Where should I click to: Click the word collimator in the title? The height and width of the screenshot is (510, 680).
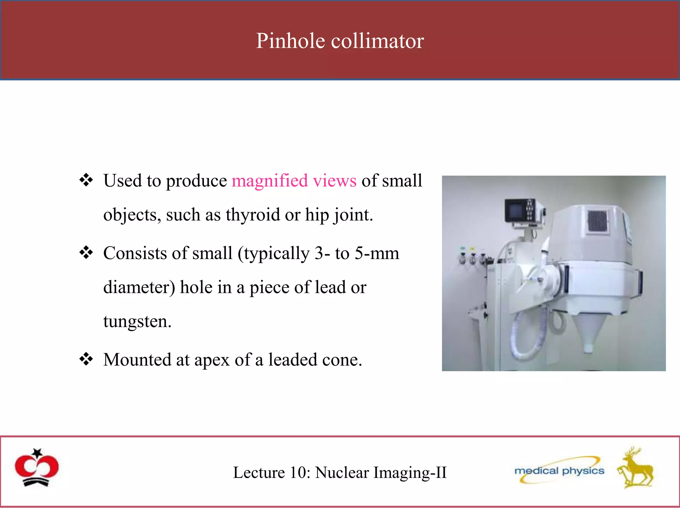[x=378, y=41]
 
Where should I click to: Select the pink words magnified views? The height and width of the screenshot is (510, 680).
[x=294, y=181]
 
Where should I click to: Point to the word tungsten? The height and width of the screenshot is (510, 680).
[x=137, y=321]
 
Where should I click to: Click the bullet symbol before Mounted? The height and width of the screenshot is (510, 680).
[x=86, y=359]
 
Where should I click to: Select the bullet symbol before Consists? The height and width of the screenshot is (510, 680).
[x=86, y=253]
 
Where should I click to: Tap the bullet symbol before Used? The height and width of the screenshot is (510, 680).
[x=86, y=180]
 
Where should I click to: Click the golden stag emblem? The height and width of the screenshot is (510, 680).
[x=635, y=468]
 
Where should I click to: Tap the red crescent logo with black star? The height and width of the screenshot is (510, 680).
[x=37, y=467]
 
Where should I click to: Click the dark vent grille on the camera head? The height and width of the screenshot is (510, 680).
[x=597, y=221]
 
